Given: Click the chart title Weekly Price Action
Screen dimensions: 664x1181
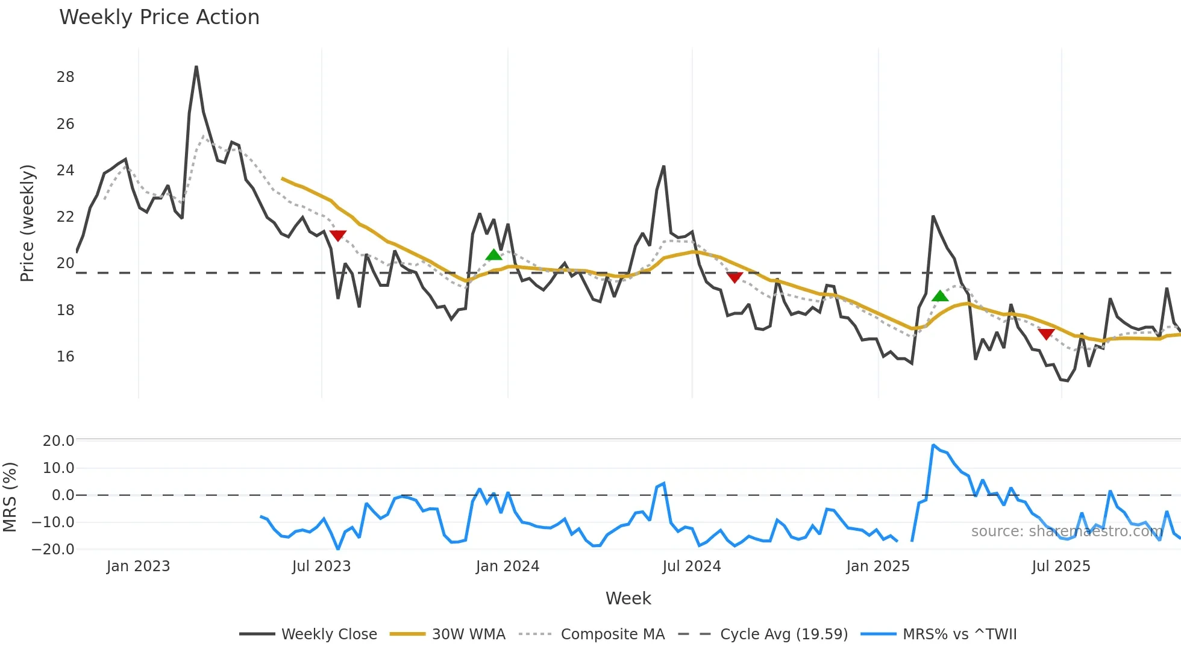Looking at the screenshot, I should (x=159, y=17).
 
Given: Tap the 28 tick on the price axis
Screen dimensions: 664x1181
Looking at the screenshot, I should (x=66, y=77).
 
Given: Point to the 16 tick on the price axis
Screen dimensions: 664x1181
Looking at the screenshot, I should (x=66, y=357).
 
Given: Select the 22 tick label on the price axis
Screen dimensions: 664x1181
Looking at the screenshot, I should (x=66, y=217).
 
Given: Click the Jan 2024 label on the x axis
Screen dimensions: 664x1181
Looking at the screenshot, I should (x=507, y=566).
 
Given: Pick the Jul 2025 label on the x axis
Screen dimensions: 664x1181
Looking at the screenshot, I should (x=1061, y=566).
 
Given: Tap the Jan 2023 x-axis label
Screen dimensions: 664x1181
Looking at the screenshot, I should (x=138, y=566).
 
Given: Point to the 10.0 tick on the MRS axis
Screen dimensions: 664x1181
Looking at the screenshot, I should (x=58, y=468).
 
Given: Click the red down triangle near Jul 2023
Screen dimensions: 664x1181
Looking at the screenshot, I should (x=338, y=235).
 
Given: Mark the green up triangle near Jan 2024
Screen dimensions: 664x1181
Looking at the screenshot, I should (x=493, y=255).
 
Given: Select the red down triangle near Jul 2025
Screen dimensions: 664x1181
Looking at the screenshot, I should (x=1046, y=333).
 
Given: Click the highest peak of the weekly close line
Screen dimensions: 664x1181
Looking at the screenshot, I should (x=196, y=67).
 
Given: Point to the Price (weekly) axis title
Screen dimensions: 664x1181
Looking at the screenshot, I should (x=28, y=223).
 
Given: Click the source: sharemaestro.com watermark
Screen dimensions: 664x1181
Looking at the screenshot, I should (x=1067, y=531).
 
